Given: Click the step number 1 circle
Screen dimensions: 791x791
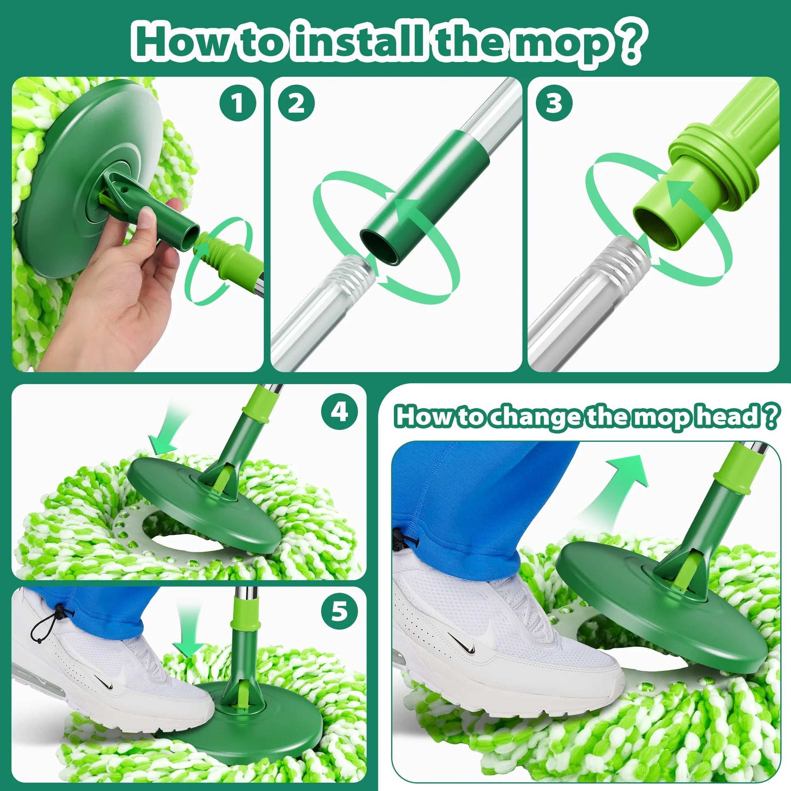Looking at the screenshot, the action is point(237,103).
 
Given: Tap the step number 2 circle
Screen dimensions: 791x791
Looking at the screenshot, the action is point(296,103).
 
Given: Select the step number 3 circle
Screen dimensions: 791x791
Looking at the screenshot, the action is point(554,103).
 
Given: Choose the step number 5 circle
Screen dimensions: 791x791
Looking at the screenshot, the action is point(339,612).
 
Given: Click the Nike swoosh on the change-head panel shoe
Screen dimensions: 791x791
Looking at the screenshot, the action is point(462,643).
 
